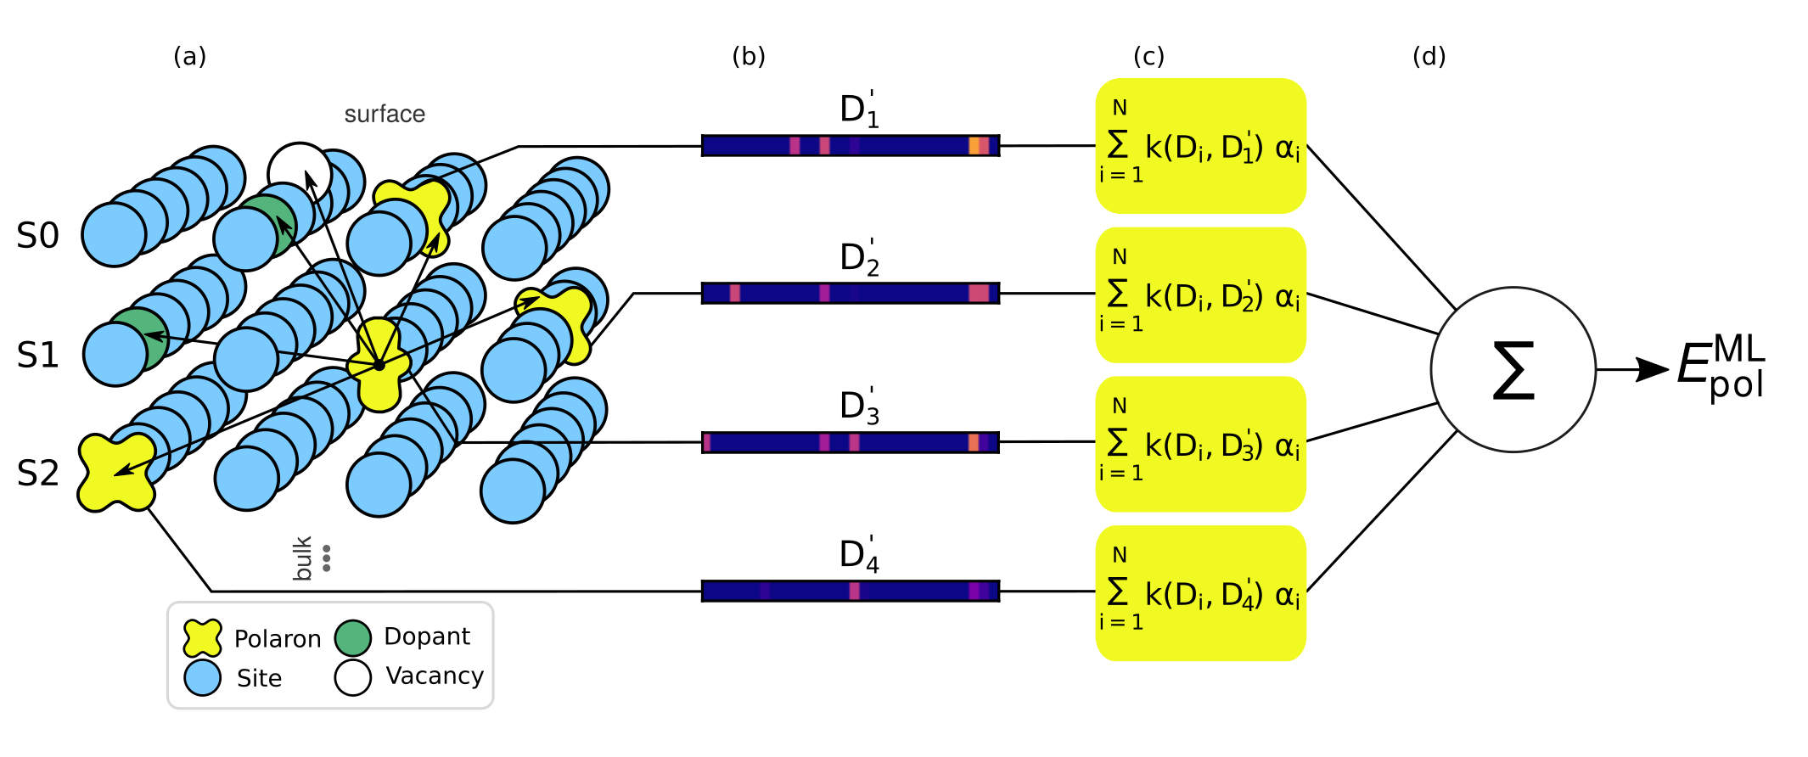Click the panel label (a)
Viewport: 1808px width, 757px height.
(189, 57)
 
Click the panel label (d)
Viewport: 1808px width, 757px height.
(1429, 57)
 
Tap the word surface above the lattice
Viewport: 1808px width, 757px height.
(385, 114)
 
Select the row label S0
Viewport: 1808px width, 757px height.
(38, 236)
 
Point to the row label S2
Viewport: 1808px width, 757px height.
(38, 474)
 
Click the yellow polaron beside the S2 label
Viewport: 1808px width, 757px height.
(116, 473)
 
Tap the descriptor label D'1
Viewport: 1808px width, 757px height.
(858, 109)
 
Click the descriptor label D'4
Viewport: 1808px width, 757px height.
(858, 554)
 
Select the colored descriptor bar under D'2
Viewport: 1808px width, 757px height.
(851, 294)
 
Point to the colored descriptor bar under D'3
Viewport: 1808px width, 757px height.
(851, 442)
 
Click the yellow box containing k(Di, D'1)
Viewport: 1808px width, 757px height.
(1200, 146)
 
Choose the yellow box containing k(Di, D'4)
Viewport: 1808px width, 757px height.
(1200, 593)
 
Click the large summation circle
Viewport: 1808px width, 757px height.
(1513, 370)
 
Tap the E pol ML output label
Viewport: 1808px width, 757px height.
(1720, 367)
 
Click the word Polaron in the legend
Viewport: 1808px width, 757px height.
(278, 639)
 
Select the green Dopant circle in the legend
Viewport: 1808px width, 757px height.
(353, 638)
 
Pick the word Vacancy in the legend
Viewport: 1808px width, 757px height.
(435, 676)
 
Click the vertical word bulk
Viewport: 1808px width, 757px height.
(302, 558)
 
